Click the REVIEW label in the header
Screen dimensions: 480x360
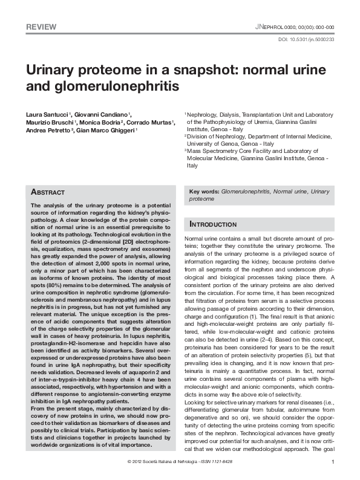coord(42,27)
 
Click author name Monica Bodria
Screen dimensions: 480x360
coord(100,122)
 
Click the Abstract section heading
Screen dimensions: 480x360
coord(48,192)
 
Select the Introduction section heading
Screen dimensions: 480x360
coord(214,224)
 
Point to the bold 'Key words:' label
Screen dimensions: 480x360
coord(205,191)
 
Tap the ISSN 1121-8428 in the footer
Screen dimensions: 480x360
coord(217,462)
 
